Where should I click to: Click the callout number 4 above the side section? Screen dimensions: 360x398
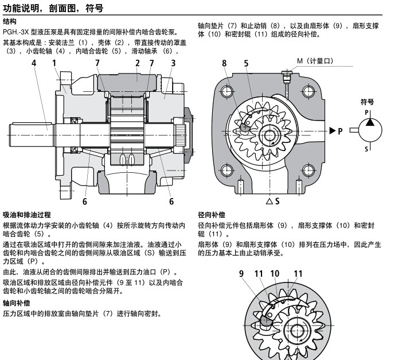point(34,63)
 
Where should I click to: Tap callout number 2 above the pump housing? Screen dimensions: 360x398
point(138,63)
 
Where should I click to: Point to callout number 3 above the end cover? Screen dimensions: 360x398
point(173,63)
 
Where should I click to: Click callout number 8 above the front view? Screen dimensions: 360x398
point(224,63)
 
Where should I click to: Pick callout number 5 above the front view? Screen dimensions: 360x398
point(246,63)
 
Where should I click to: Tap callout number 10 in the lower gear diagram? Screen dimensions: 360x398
point(275,274)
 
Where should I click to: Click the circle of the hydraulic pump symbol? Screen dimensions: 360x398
point(368,130)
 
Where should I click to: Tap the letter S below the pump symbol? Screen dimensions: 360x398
point(368,149)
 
